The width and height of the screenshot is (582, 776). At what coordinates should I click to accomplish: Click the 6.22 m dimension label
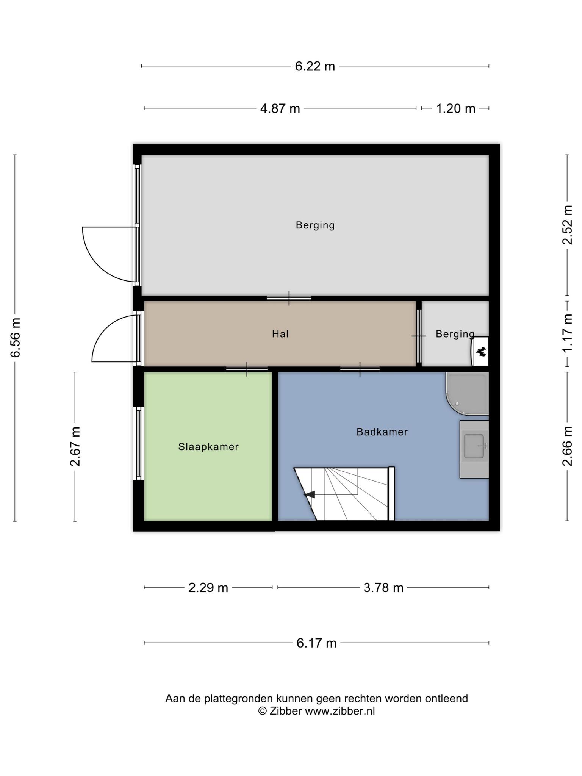click(315, 66)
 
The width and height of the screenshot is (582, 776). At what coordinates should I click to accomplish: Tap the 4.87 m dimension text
click(280, 109)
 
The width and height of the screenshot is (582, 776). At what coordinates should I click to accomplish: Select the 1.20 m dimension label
click(455, 109)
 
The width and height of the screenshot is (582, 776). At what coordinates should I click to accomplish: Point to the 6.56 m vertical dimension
click(16, 338)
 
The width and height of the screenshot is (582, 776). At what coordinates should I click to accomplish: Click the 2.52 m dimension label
click(568, 225)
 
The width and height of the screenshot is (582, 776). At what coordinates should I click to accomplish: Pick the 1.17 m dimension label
click(568, 333)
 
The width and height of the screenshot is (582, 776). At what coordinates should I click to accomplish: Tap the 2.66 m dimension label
click(568, 446)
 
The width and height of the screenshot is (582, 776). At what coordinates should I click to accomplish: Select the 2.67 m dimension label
click(75, 446)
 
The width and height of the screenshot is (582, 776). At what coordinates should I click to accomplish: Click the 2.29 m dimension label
click(208, 588)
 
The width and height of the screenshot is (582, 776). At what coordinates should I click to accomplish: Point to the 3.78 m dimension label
click(383, 588)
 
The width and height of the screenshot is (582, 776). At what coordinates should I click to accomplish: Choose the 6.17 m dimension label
click(316, 643)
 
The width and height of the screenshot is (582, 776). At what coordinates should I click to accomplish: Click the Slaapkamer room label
click(208, 447)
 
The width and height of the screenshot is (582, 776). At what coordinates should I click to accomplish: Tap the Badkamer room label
click(382, 432)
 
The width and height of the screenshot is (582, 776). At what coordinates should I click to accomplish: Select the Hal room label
click(280, 334)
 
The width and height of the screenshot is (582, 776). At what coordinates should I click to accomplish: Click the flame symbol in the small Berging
click(482, 352)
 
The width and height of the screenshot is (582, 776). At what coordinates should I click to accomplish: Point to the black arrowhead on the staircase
click(310, 494)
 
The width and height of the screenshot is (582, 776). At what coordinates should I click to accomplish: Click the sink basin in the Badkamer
click(474, 446)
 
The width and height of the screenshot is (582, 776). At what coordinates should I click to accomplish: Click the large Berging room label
click(315, 225)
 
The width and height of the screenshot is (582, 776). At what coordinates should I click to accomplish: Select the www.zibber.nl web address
click(340, 711)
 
